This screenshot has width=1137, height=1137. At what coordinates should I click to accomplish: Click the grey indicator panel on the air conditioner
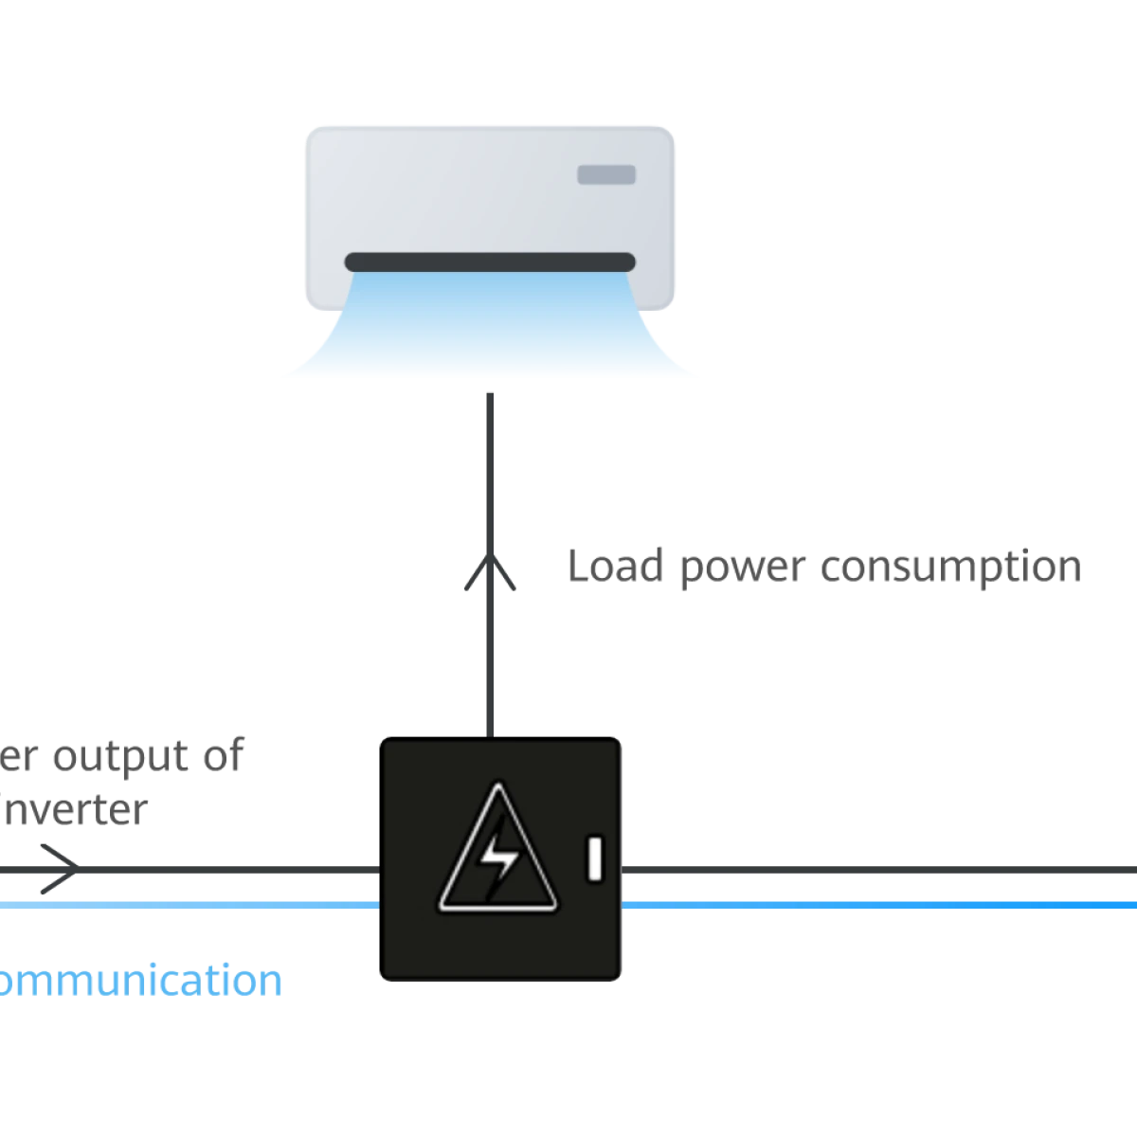(x=606, y=175)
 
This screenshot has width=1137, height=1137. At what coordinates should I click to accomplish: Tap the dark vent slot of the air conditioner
(x=489, y=262)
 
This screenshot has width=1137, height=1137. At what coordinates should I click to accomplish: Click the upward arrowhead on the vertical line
(x=492, y=572)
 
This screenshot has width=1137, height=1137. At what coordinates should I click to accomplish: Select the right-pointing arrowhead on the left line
(x=59, y=867)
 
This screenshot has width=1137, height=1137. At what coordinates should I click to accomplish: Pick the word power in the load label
(x=741, y=568)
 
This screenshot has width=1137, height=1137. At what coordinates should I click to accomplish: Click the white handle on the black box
(x=595, y=858)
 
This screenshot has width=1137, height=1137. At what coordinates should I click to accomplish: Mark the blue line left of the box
(x=189, y=905)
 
